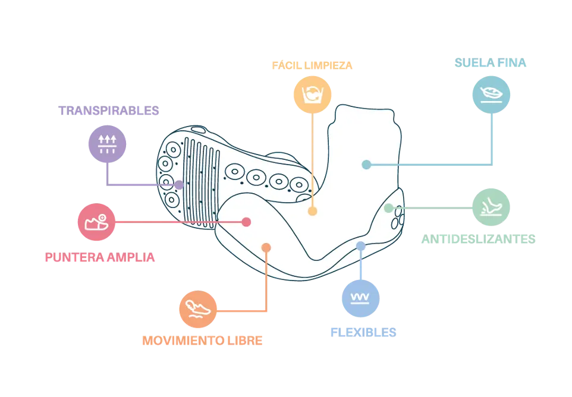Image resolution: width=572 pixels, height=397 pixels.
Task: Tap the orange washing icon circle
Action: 312,93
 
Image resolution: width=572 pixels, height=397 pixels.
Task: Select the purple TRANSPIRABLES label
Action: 109,111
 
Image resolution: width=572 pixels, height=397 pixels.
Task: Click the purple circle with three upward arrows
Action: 106,143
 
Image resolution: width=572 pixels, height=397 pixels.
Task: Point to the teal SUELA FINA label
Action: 490,63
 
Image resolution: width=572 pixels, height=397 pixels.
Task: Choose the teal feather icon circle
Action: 492,93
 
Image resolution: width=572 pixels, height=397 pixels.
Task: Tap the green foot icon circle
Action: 492,206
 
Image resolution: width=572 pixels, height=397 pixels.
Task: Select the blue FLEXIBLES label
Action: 363,332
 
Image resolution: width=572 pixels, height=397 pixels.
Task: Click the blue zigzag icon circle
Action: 361,298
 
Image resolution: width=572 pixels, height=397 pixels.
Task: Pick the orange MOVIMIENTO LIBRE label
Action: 202,341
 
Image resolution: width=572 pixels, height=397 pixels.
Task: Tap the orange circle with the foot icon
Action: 197,310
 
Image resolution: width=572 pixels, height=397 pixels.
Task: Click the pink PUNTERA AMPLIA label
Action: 100,258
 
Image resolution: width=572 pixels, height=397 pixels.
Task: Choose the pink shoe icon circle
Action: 97,222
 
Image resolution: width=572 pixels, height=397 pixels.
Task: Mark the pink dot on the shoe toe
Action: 246,222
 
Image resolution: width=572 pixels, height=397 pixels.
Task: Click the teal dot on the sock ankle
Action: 366,165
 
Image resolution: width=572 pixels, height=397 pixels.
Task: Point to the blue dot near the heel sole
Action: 360,246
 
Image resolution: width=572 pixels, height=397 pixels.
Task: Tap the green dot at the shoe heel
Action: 388,208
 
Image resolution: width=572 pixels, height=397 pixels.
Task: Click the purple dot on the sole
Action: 178,185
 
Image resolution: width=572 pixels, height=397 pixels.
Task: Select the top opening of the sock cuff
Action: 364,111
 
